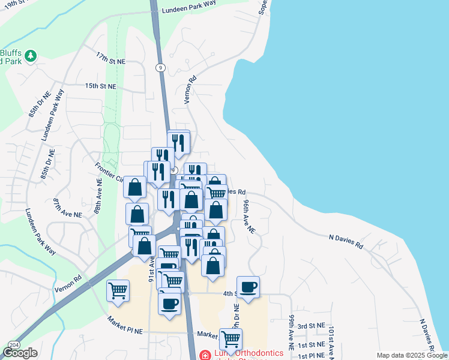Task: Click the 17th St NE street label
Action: (x=110, y=58)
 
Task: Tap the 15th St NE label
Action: (x=100, y=86)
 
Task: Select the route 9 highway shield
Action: (x=160, y=67)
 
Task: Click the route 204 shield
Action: (x=14, y=345)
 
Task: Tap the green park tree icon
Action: (x=30, y=56)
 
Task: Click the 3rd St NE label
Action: (x=312, y=326)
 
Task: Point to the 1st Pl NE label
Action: (x=312, y=355)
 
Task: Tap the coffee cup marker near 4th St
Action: (x=248, y=287)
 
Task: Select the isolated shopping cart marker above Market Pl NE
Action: (x=118, y=291)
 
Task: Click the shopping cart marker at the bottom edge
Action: (x=231, y=340)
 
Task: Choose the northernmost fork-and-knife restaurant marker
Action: (x=178, y=142)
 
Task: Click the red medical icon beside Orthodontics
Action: (x=205, y=355)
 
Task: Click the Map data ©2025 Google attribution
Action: (x=411, y=355)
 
